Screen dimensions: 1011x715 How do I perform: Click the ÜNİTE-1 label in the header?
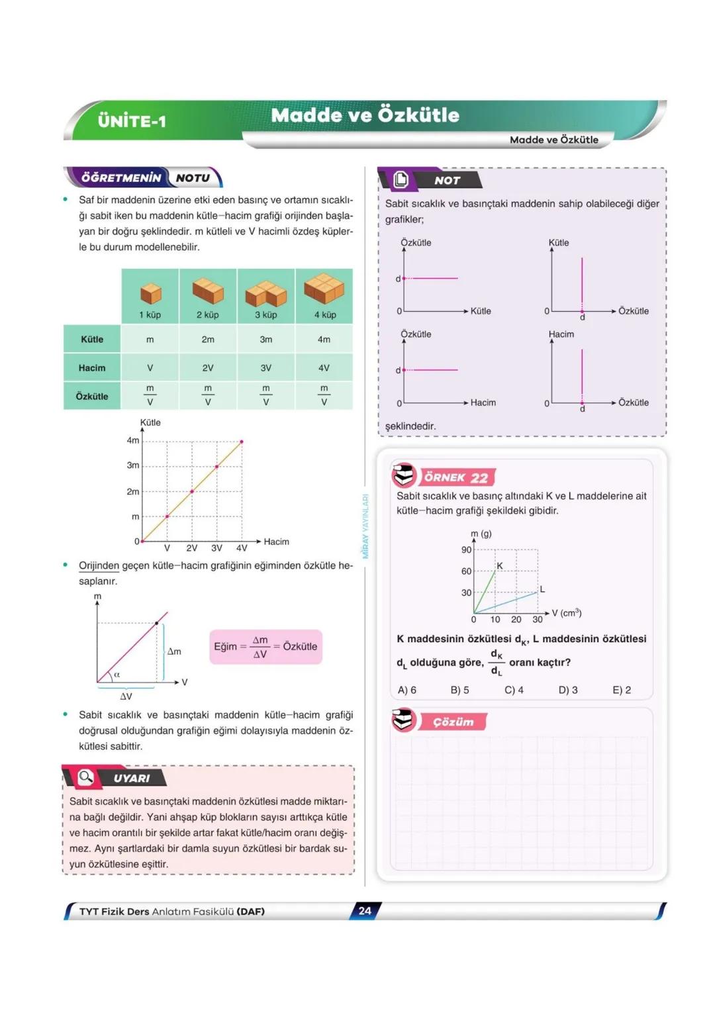pyautogui.click(x=132, y=121)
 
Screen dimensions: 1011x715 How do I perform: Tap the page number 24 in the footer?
pyautogui.click(x=365, y=911)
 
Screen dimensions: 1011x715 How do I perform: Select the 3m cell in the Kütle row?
pyautogui.click(x=265, y=340)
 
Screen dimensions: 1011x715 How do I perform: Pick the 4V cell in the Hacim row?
pyautogui.click(x=324, y=368)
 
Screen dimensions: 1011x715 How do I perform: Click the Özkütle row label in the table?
pyautogui.click(x=92, y=396)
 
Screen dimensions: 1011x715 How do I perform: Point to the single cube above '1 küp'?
pyautogui.click(x=151, y=293)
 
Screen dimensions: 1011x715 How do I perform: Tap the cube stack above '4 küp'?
pyautogui.click(x=324, y=288)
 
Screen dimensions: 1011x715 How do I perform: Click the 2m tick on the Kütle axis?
pyautogui.click(x=133, y=491)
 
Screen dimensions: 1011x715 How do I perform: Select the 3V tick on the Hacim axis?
pyautogui.click(x=216, y=548)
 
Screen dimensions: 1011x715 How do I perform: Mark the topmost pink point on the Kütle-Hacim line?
pyautogui.click(x=242, y=442)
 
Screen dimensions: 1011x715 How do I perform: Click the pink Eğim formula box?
pyautogui.click(x=265, y=647)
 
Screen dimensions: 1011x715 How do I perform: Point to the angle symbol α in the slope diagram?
pyautogui.click(x=117, y=675)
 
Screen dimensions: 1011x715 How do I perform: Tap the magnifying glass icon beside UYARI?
pyautogui.click(x=86, y=777)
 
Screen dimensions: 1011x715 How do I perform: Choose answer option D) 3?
pyautogui.click(x=568, y=690)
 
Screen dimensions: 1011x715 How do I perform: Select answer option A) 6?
pyautogui.click(x=407, y=690)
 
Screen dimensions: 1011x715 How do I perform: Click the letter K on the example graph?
pyautogui.click(x=500, y=566)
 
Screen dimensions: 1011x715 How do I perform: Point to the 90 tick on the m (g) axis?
pyautogui.click(x=467, y=550)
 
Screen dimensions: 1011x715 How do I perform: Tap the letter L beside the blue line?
pyautogui.click(x=542, y=589)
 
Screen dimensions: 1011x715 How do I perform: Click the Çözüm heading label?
pyautogui.click(x=453, y=722)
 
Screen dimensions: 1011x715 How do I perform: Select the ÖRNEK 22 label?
pyautogui.click(x=456, y=477)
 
